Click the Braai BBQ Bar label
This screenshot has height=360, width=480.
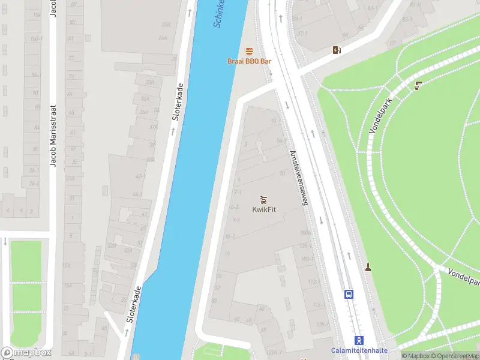click(249, 61)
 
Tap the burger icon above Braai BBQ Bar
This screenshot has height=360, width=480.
click(249, 51)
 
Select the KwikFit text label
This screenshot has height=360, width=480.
click(263, 209)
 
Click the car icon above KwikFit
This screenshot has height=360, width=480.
click(263, 199)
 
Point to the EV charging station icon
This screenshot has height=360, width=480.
click(337, 50)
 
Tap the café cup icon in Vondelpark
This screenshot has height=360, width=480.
click(418, 86)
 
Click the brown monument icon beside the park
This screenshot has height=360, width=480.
click(367, 267)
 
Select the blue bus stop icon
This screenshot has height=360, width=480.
click(348, 294)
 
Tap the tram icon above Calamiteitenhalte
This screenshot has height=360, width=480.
click(359, 340)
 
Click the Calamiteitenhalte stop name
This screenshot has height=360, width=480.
click(359, 350)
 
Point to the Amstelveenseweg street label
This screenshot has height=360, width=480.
click(298, 178)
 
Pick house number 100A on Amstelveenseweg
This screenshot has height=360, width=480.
click(305, 232)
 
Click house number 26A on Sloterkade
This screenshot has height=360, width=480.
click(163, 38)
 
